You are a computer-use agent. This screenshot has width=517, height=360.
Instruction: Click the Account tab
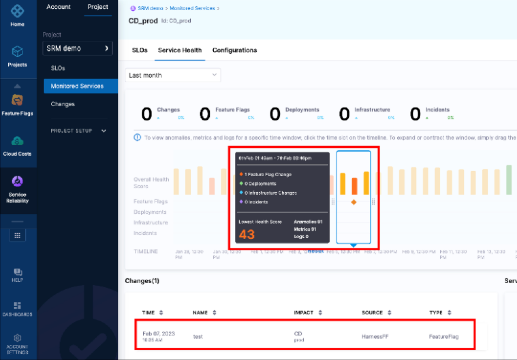click(x=59, y=7)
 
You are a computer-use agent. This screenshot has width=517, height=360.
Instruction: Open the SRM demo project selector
click(x=77, y=48)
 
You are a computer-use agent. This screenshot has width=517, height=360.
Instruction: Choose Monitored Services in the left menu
click(x=77, y=86)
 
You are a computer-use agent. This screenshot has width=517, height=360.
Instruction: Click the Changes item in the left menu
click(x=63, y=104)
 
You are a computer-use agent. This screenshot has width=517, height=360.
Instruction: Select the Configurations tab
click(x=234, y=50)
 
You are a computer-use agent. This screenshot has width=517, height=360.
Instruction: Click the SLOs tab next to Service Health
click(x=140, y=50)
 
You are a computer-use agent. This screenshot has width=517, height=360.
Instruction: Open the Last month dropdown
click(x=173, y=75)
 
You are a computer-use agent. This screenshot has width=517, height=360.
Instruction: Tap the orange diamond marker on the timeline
click(x=354, y=202)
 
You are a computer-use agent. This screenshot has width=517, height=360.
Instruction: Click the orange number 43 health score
click(x=247, y=234)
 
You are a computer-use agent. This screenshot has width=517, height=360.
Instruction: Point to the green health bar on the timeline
click(x=509, y=180)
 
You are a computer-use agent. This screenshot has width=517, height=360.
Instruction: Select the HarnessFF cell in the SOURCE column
click(x=375, y=337)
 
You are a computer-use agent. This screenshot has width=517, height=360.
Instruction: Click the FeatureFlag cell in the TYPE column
click(x=443, y=337)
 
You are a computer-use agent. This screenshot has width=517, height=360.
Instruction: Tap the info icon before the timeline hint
click(x=137, y=137)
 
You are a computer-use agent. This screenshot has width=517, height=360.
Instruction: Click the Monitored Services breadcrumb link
click(x=192, y=8)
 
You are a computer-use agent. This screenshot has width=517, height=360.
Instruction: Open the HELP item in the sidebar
click(x=17, y=274)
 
